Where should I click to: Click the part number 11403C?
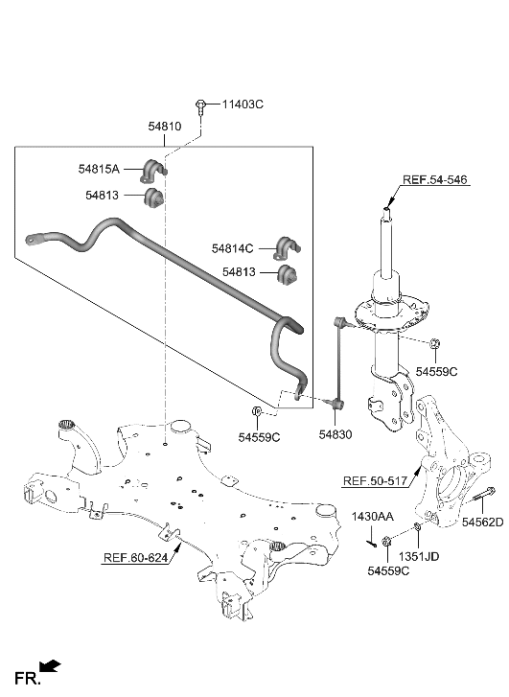[x=243, y=104]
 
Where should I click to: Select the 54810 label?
[x=164, y=126]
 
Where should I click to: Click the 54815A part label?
[x=99, y=169]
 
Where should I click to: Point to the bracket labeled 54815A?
[x=153, y=170]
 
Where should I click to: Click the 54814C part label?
[x=233, y=247]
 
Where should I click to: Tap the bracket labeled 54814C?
[x=288, y=246]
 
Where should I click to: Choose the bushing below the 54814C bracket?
[x=288, y=275]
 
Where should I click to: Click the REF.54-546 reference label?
[x=435, y=180]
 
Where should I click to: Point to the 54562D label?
[x=482, y=522]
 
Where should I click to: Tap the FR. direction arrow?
[x=51, y=663]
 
